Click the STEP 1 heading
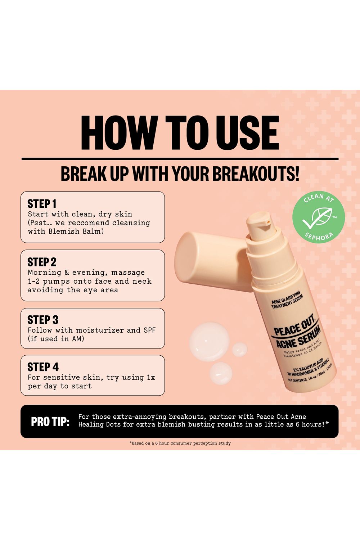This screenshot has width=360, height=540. tap(42, 204)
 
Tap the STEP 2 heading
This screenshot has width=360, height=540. tap(42, 262)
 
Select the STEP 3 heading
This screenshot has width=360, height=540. tap(43, 320)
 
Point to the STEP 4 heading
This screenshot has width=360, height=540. tap(43, 367)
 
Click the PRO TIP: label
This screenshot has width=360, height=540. tap(50, 422)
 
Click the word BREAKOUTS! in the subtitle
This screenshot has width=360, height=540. tap(256, 174)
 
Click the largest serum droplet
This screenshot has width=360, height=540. tap(209, 341)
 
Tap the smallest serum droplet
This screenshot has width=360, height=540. tap(240, 350)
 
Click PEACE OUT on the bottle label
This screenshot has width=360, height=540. tap(294, 325)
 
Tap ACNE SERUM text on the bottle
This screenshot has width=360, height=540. tap(298, 337)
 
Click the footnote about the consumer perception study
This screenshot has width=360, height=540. tap(180, 443)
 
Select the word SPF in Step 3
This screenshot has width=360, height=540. tap(149, 330)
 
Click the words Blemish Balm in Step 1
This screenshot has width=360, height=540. tap(76, 231)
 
